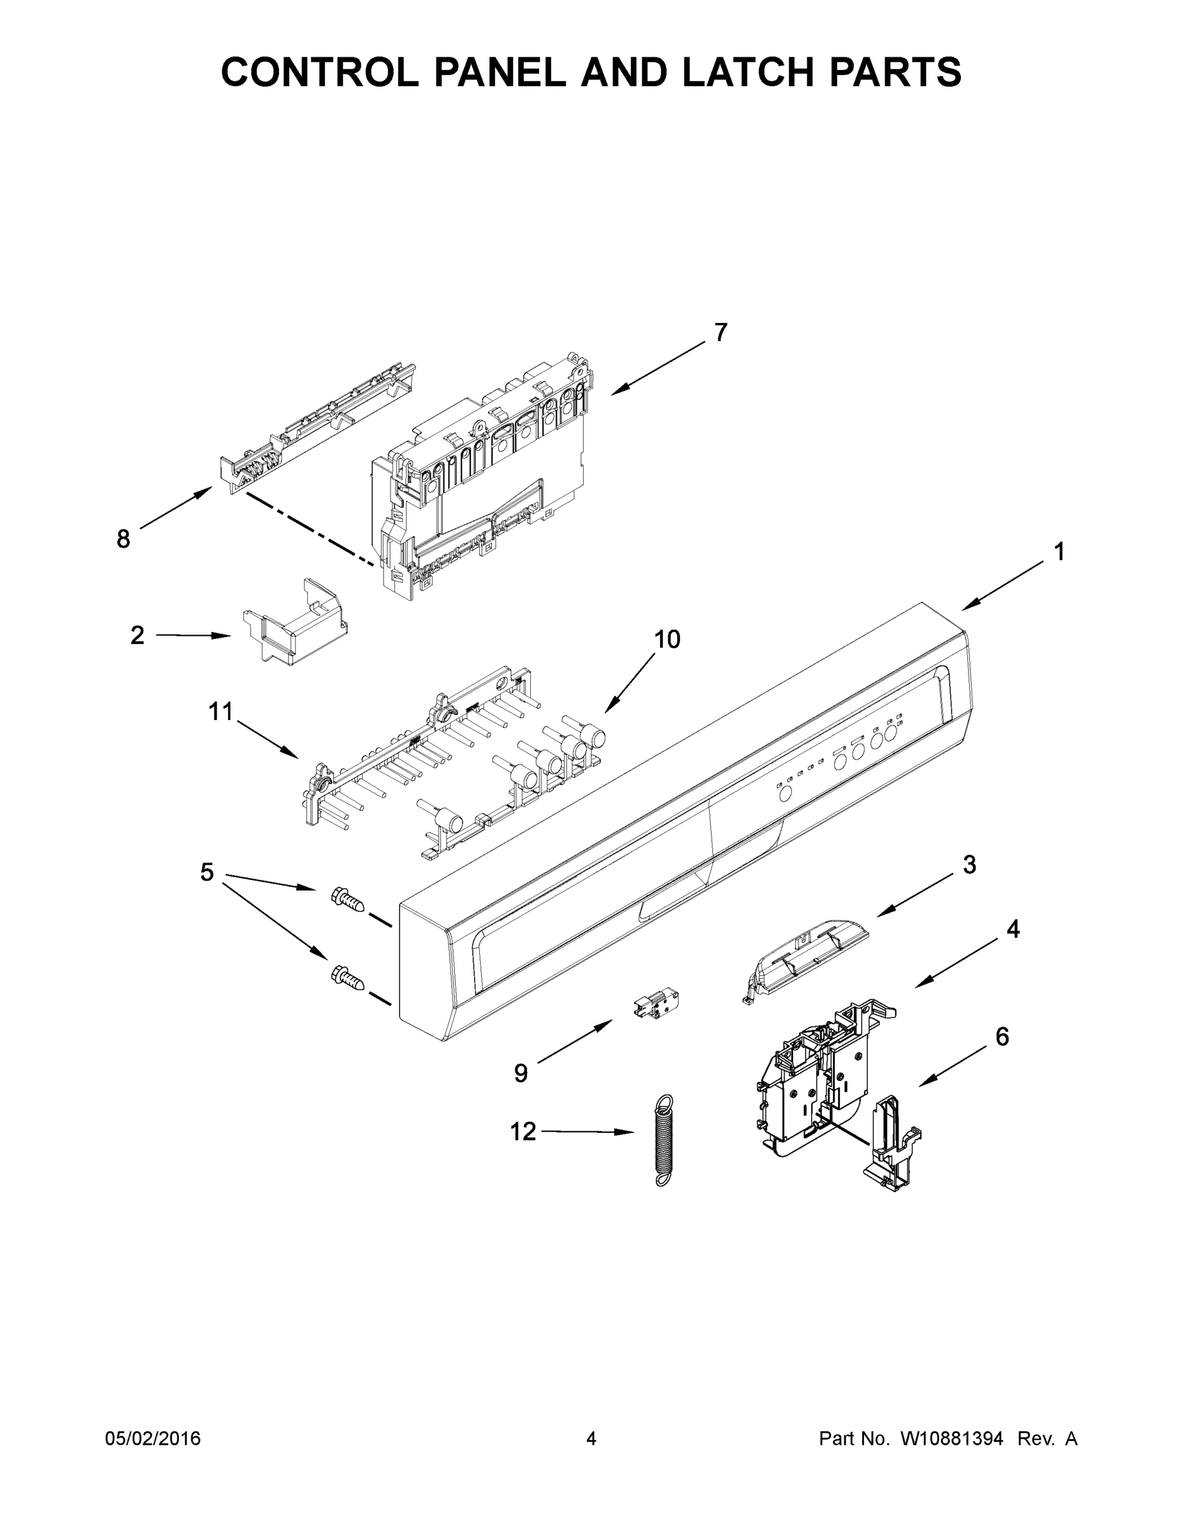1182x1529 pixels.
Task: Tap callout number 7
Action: click(x=721, y=332)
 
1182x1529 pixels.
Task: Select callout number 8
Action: click(x=123, y=539)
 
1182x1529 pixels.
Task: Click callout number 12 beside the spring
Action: click(x=523, y=1131)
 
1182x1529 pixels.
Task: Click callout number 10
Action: click(x=667, y=639)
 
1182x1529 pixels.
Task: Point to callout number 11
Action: click(x=220, y=712)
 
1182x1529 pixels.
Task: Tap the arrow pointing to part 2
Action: click(x=192, y=636)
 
